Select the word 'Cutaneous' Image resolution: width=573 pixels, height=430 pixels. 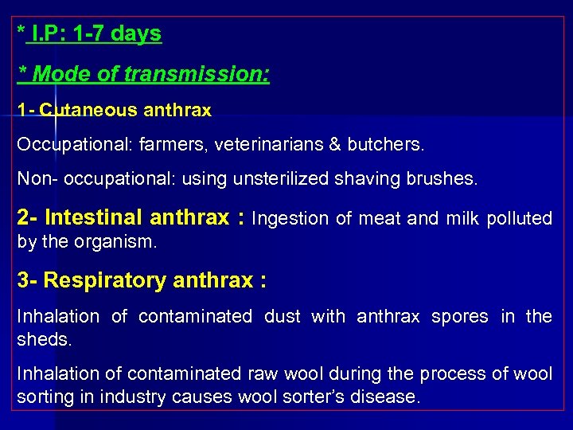[78, 111]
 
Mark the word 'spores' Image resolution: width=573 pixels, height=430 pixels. [459, 316]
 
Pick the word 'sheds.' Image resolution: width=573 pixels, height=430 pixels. [45, 340]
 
